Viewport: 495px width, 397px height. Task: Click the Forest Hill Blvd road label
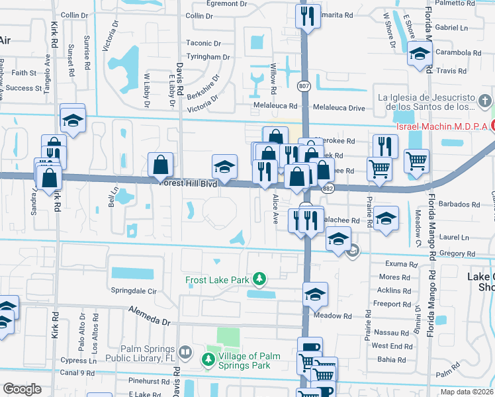189,184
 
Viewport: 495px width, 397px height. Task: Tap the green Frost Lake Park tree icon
261,280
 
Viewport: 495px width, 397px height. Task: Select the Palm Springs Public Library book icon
186,351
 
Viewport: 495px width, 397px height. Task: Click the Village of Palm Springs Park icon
208,359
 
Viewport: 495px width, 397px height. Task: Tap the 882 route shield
328,190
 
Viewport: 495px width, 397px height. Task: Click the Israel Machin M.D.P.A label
441,126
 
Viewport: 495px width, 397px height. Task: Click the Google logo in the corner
22,388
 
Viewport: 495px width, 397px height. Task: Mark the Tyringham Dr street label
208,57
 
